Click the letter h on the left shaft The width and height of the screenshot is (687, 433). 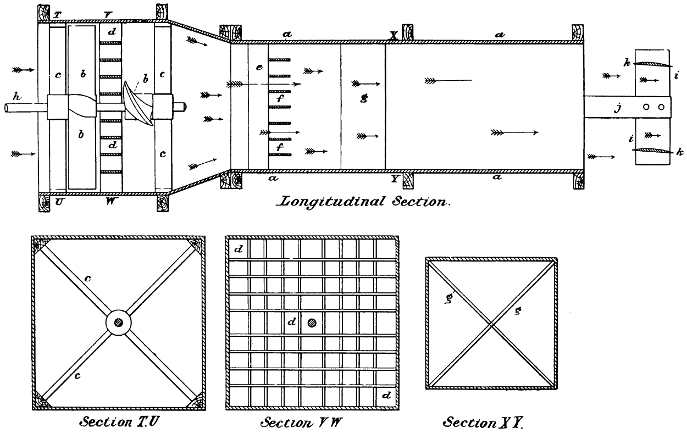[18, 97]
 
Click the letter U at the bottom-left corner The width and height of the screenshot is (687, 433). [59, 202]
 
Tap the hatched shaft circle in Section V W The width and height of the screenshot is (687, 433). [313, 323]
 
